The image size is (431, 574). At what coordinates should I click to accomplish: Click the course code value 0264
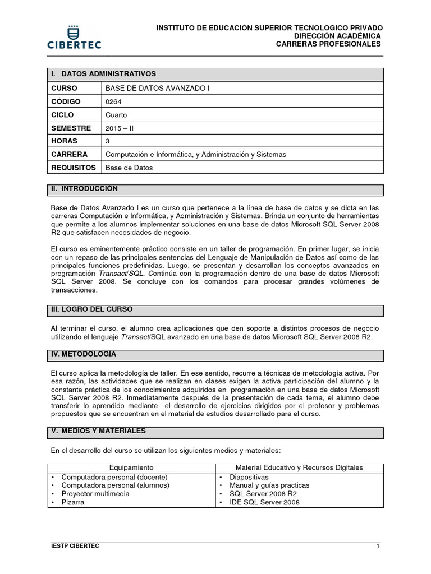coord(113,102)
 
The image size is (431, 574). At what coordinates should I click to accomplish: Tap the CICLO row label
coord(62,115)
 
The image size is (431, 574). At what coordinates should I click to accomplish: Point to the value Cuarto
coord(116,115)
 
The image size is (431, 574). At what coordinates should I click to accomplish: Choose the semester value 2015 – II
coord(120,128)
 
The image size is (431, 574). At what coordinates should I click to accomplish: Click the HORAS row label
coord(64,141)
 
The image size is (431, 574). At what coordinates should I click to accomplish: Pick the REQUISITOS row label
coord(73,167)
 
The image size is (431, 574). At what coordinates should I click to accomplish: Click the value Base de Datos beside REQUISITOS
coord(129,168)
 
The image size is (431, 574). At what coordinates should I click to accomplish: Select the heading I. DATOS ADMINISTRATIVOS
coord(103,74)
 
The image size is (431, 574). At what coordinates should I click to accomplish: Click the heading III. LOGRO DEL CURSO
coord(92,309)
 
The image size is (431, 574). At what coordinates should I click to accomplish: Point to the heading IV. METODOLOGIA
coord(84,354)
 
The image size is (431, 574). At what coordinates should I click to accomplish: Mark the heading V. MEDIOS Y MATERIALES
coord(98,431)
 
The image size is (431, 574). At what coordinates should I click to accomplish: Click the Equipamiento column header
coord(131,467)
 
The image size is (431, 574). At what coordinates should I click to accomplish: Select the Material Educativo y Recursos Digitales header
coord(299,467)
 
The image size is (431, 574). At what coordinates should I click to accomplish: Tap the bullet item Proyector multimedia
coord(95,494)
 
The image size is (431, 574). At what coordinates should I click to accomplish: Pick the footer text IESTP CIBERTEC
coord(75,546)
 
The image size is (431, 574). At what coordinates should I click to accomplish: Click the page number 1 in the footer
coord(378,546)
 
